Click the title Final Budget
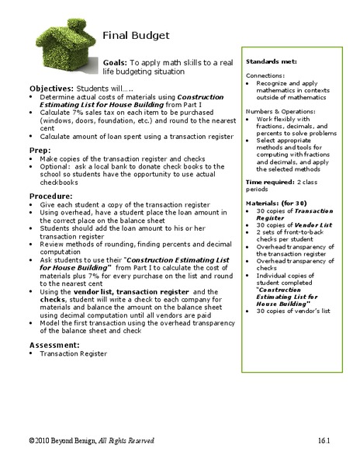point(136,36)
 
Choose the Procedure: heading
point(51,196)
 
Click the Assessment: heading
point(56,344)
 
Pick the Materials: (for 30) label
point(275,202)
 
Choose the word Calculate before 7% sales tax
point(54,112)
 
